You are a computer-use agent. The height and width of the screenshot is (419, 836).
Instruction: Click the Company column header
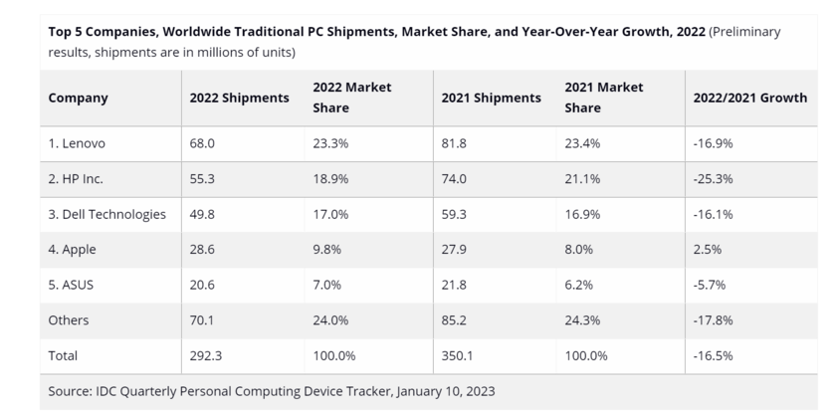click(x=78, y=99)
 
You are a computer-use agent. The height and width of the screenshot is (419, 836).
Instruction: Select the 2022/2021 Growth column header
click(x=749, y=99)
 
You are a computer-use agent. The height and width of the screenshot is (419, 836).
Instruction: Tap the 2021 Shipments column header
click(x=491, y=99)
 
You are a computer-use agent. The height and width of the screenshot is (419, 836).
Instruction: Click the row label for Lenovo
click(x=77, y=143)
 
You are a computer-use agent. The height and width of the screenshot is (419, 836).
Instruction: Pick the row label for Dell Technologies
click(x=106, y=214)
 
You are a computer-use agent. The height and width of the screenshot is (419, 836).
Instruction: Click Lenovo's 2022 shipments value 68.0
click(x=203, y=143)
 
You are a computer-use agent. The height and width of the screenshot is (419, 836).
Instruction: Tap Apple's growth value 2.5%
click(x=707, y=250)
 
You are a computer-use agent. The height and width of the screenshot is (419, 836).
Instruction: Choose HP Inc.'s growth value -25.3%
click(x=713, y=179)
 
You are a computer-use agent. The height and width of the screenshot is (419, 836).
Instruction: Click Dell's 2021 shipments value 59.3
click(x=455, y=214)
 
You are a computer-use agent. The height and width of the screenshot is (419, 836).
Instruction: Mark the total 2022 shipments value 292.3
click(x=207, y=355)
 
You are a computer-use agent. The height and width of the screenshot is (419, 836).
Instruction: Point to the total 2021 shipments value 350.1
click(x=459, y=355)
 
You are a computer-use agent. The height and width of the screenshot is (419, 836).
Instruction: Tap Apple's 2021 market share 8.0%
click(x=579, y=250)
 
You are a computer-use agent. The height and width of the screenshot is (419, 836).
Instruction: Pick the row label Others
click(x=69, y=320)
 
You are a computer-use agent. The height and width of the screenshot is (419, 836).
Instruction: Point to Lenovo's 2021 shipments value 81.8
click(x=455, y=143)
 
